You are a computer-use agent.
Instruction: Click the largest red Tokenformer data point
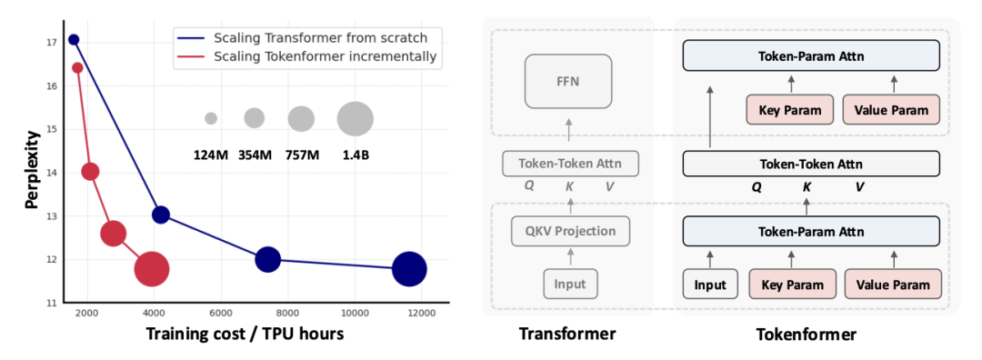click(x=152, y=269)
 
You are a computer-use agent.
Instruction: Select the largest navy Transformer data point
click(x=409, y=269)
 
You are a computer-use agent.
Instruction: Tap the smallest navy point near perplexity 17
click(x=74, y=40)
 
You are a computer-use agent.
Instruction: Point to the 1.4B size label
click(x=356, y=155)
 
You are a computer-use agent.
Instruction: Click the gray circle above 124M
click(x=211, y=118)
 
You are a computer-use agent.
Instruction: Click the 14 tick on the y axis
click(x=53, y=173)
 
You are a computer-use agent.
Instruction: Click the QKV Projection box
click(x=569, y=231)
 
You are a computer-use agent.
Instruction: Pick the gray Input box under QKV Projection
click(x=569, y=285)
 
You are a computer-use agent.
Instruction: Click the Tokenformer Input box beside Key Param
click(x=710, y=285)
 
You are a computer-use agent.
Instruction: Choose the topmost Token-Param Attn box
click(x=812, y=56)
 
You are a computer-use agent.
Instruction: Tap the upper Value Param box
click(x=891, y=110)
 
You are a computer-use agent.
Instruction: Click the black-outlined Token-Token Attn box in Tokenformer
click(x=812, y=165)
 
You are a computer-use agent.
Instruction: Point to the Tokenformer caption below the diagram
click(x=806, y=335)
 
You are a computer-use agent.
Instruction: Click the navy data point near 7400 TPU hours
click(x=268, y=260)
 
